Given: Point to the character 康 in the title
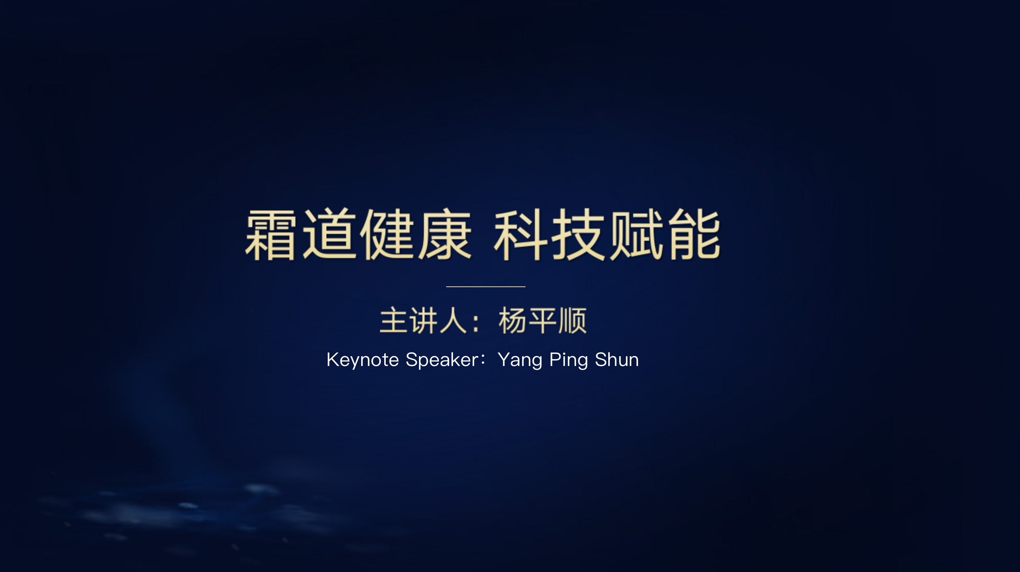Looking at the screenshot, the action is click(445, 234).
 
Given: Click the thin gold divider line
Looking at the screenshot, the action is click(485, 286).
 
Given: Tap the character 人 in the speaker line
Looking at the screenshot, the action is click(453, 320).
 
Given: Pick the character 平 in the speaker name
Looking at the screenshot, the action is click(542, 320).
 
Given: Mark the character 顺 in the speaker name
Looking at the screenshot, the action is click(572, 320).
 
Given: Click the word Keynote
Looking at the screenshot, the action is click(363, 360).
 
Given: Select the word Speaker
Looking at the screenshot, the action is click(443, 360).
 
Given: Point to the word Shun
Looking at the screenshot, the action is click(617, 360).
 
